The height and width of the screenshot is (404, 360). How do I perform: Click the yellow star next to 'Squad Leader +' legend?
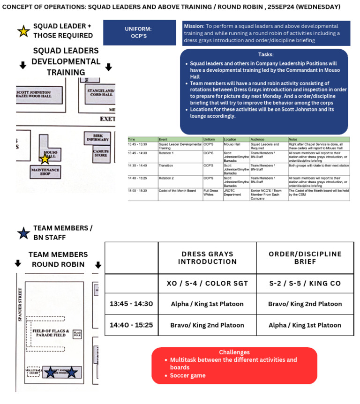click(23, 31)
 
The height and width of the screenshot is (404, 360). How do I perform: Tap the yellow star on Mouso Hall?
click(45, 159)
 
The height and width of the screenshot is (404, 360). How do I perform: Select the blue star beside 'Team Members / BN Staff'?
click(23, 233)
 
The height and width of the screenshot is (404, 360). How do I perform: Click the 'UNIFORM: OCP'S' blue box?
click(138, 32)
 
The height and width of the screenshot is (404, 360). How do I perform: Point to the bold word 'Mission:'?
click(193, 26)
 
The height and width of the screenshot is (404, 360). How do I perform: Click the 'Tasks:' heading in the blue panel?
click(266, 55)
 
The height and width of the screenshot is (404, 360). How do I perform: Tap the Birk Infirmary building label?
click(97, 137)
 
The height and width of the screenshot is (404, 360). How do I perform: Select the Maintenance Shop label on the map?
click(45, 172)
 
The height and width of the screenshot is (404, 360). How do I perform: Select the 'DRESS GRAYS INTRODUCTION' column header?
click(207, 258)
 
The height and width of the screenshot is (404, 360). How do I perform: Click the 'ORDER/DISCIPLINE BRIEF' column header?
click(305, 258)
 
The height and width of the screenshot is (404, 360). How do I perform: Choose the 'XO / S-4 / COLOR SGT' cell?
click(207, 284)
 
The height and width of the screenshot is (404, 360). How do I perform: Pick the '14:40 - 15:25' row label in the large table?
click(131, 325)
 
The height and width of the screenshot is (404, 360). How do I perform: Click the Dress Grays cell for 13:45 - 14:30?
click(207, 304)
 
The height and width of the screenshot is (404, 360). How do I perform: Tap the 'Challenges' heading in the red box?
click(234, 352)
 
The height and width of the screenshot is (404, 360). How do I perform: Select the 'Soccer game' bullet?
click(187, 375)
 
